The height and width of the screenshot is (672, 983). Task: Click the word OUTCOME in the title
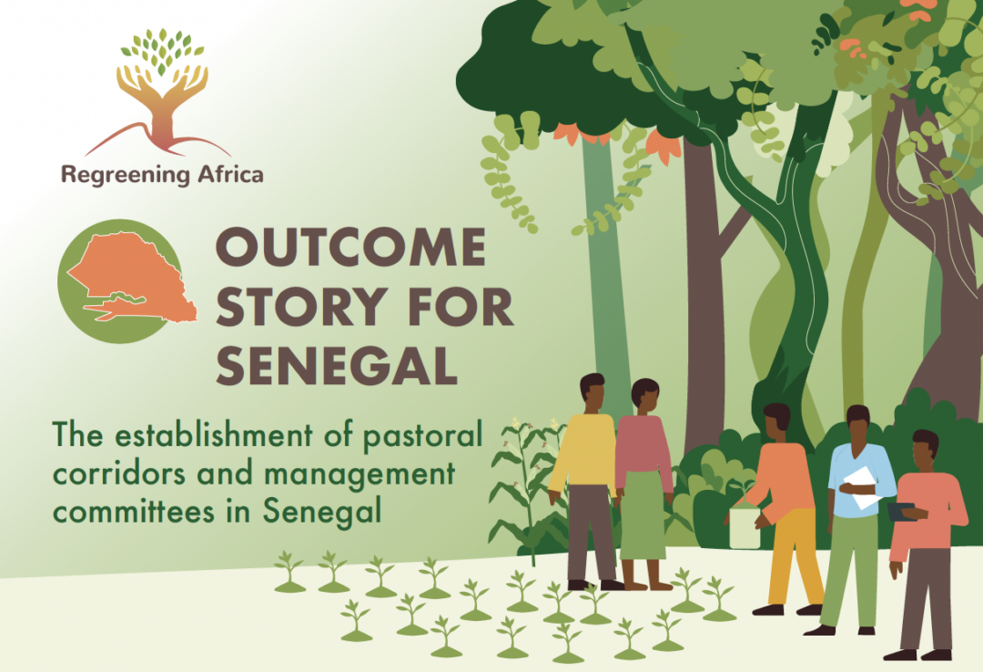pyautogui.click(x=351, y=247)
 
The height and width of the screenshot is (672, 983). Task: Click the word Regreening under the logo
pyautogui.click(x=126, y=175)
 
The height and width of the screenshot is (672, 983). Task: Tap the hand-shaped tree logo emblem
pyautogui.click(x=162, y=92)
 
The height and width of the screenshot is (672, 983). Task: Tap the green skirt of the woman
pyautogui.click(x=642, y=514)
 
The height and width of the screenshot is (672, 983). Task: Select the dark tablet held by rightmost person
pyautogui.click(x=901, y=512)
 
